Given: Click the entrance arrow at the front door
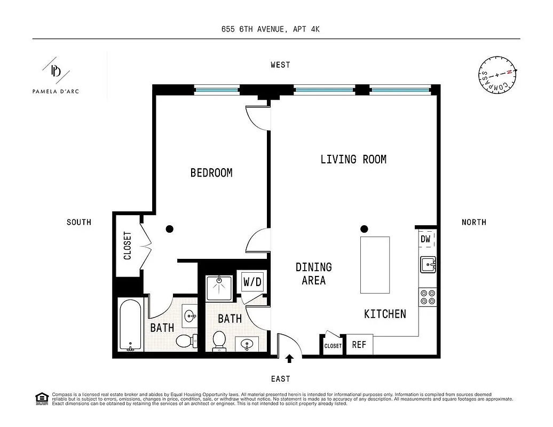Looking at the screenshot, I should pyautogui.click(x=290, y=359).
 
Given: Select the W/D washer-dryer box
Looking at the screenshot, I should pyautogui.click(x=252, y=281).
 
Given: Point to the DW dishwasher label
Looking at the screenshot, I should pyautogui.click(x=426, y=239).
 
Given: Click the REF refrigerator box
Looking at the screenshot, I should pyautogui.click(x=359, y=345).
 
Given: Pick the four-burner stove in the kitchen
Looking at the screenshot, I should pyautogui.click(x=428, y=297).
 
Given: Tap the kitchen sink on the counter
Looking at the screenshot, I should pyautogui.click(x=428, y=264).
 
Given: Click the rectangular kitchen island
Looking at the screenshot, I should pyautogui.click(x=375, y=265).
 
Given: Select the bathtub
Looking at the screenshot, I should pyautogui.click(x=130, y=325).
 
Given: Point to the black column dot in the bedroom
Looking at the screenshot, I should pyautogui.click(x=170, y=229).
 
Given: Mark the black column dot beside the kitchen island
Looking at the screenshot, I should pyautogui.click(x=364, y=228).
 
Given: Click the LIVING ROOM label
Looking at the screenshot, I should pyautogui.click(x=353, y=159).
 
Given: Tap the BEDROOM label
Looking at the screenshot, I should pyautogui.click(x=211, y=173).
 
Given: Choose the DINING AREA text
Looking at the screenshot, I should pyautogui.click(x=314, y=273).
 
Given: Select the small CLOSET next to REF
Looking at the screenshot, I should pyautogui.click(x=333, y=346).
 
